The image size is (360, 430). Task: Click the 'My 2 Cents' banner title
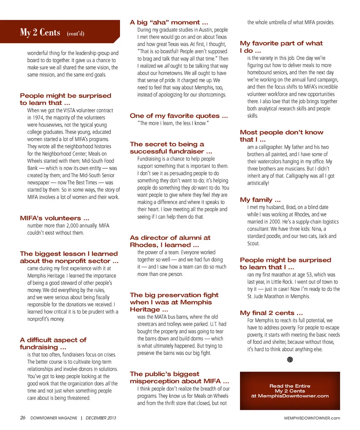coord(40,33)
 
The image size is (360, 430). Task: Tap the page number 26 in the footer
coord(23,418)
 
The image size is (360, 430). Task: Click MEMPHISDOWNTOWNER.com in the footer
coord(312,418)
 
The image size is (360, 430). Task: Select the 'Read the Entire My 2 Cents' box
coord(289,391)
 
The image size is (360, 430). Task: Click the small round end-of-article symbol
coord(290,360)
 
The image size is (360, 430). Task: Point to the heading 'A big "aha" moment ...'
coord(169,22)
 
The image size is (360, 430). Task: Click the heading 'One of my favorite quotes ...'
coord(178,116)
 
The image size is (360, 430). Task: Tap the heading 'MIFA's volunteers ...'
coord(54,218)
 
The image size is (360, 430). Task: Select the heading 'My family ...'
coord(260,200)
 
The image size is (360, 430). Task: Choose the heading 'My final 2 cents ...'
coord(271,313)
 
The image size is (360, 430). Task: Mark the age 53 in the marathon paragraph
coord(319,275)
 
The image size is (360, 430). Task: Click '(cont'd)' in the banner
coord(75,34)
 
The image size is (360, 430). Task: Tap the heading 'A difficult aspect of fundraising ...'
coord(53,343)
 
